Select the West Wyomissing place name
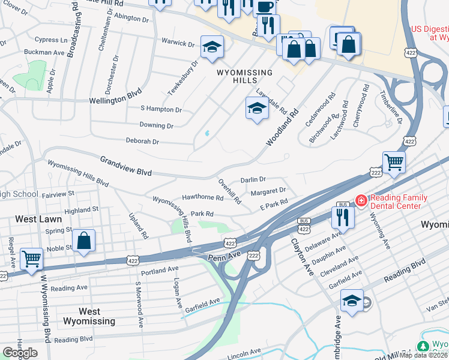(x=89, y=316)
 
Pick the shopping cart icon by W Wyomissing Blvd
(x=31, y=259)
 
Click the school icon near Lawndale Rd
(x=257, y=109)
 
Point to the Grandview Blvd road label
(x=126, y=166)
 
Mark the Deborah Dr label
(x=142, y=142)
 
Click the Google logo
(x=20, y=353)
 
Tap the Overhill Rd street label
(x=229, y=191)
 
